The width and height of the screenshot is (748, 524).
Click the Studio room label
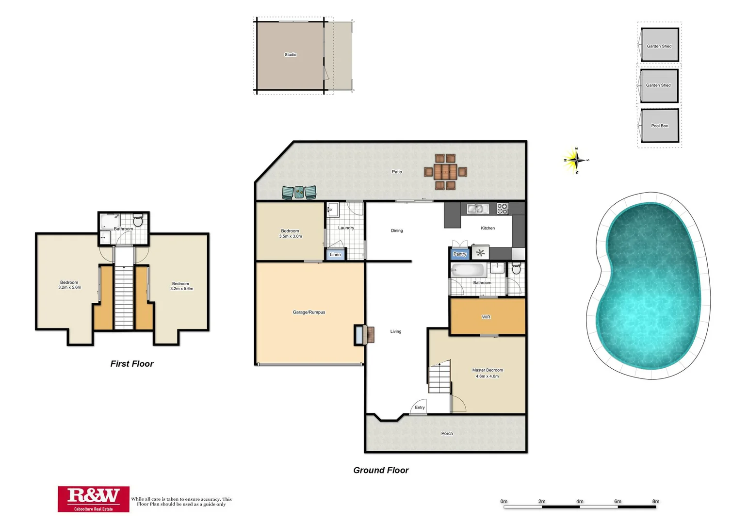290,55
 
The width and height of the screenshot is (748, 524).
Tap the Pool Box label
659,126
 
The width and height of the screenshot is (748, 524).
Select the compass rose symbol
576,160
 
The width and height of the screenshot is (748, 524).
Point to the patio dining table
445,172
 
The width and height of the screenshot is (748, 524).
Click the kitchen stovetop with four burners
503,209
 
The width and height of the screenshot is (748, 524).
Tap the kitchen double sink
477,209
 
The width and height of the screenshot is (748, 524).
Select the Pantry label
459,254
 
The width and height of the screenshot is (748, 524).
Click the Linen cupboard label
335,255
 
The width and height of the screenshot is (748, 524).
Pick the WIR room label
486,317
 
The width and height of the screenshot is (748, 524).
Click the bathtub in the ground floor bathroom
468,270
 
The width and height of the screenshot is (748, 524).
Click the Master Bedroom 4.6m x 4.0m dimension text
487,376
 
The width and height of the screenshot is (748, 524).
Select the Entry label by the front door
420,408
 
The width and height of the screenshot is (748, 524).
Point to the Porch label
447,434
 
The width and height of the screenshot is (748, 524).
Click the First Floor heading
131,364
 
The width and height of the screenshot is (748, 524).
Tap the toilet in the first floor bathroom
138,221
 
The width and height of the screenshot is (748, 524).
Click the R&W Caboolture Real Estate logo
94,499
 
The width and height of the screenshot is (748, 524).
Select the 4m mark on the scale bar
580,502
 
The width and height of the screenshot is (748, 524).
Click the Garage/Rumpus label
309,312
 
